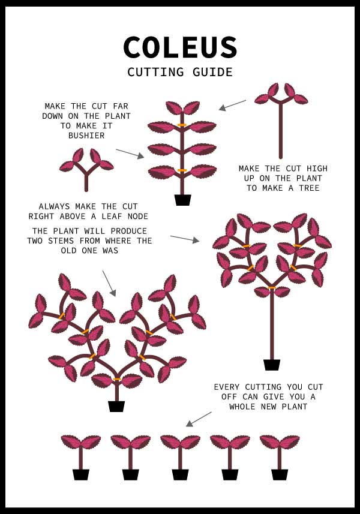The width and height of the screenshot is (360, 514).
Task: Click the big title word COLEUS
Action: point(180,47)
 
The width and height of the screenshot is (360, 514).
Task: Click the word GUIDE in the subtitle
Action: point(212,72)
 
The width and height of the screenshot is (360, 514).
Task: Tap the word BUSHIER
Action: point(86,136)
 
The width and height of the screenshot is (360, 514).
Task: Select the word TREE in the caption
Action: point(309,188)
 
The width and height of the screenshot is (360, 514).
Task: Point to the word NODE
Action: point(138,217)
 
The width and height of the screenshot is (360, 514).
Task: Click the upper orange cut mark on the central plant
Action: point(182,125)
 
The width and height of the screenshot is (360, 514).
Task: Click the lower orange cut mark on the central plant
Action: point(182,170)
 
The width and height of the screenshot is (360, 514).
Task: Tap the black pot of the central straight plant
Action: point(182,200)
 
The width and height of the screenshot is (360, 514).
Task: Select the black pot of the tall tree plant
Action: point(272,365)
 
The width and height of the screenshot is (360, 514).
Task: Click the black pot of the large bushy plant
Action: point(116,407)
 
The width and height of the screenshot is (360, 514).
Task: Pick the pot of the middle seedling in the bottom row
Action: point(180,474)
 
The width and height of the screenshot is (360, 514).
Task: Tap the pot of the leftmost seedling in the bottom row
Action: point(81,474)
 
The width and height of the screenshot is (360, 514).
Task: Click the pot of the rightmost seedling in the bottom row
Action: point(280,474)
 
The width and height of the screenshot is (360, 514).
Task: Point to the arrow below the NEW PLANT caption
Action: point(199,419)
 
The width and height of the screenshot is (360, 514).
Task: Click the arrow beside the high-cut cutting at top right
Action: point(232,105)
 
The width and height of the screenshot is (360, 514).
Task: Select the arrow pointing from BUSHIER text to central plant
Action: point(130,154)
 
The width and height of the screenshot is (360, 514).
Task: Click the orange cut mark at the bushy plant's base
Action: point(117,379)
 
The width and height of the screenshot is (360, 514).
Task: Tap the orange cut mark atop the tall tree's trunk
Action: point(272,288)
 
